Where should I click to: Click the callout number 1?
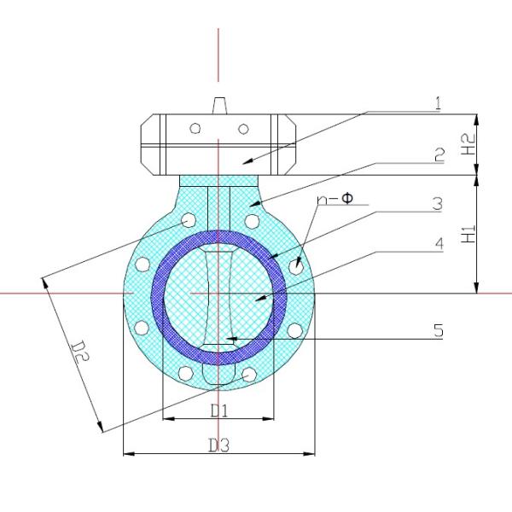[x=439, y=103]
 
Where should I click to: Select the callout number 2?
[x=439, y=154]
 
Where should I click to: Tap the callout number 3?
[x=438, y=204]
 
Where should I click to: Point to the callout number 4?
[x=439, y=244]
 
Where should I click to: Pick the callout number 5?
[x=439, y=330]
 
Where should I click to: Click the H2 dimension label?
[x=469, y=144]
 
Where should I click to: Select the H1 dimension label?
[x=468, y=234]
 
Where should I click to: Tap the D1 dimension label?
[x=219, y=410]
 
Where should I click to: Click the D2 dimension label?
[x=80, y=351]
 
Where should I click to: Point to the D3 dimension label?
[x=219, y=445]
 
